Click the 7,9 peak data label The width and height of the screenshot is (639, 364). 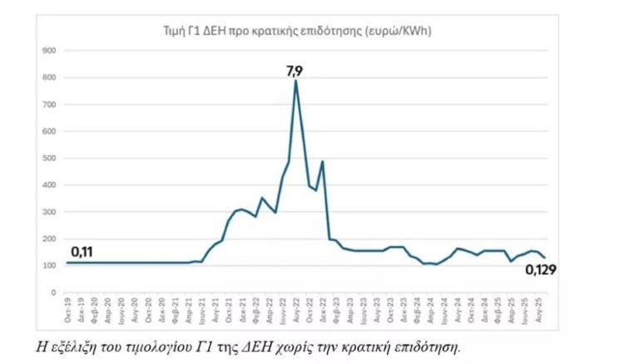click(295, 71)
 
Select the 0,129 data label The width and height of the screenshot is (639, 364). click(539, 270)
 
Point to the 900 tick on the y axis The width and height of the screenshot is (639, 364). click(48, 51)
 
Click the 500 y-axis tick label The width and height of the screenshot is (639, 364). click(48, 158)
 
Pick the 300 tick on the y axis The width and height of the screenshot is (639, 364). click(48, 212)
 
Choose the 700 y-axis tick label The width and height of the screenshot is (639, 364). click(48, 105)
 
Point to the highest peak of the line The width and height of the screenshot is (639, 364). click(295, 81)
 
